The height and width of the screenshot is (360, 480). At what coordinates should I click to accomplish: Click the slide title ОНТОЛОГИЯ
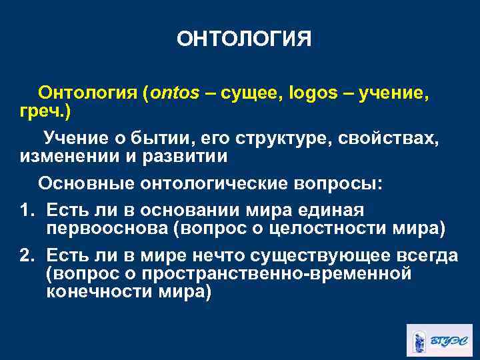[x=243, y=39]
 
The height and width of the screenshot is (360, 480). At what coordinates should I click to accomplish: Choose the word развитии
[x=184, y=156]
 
